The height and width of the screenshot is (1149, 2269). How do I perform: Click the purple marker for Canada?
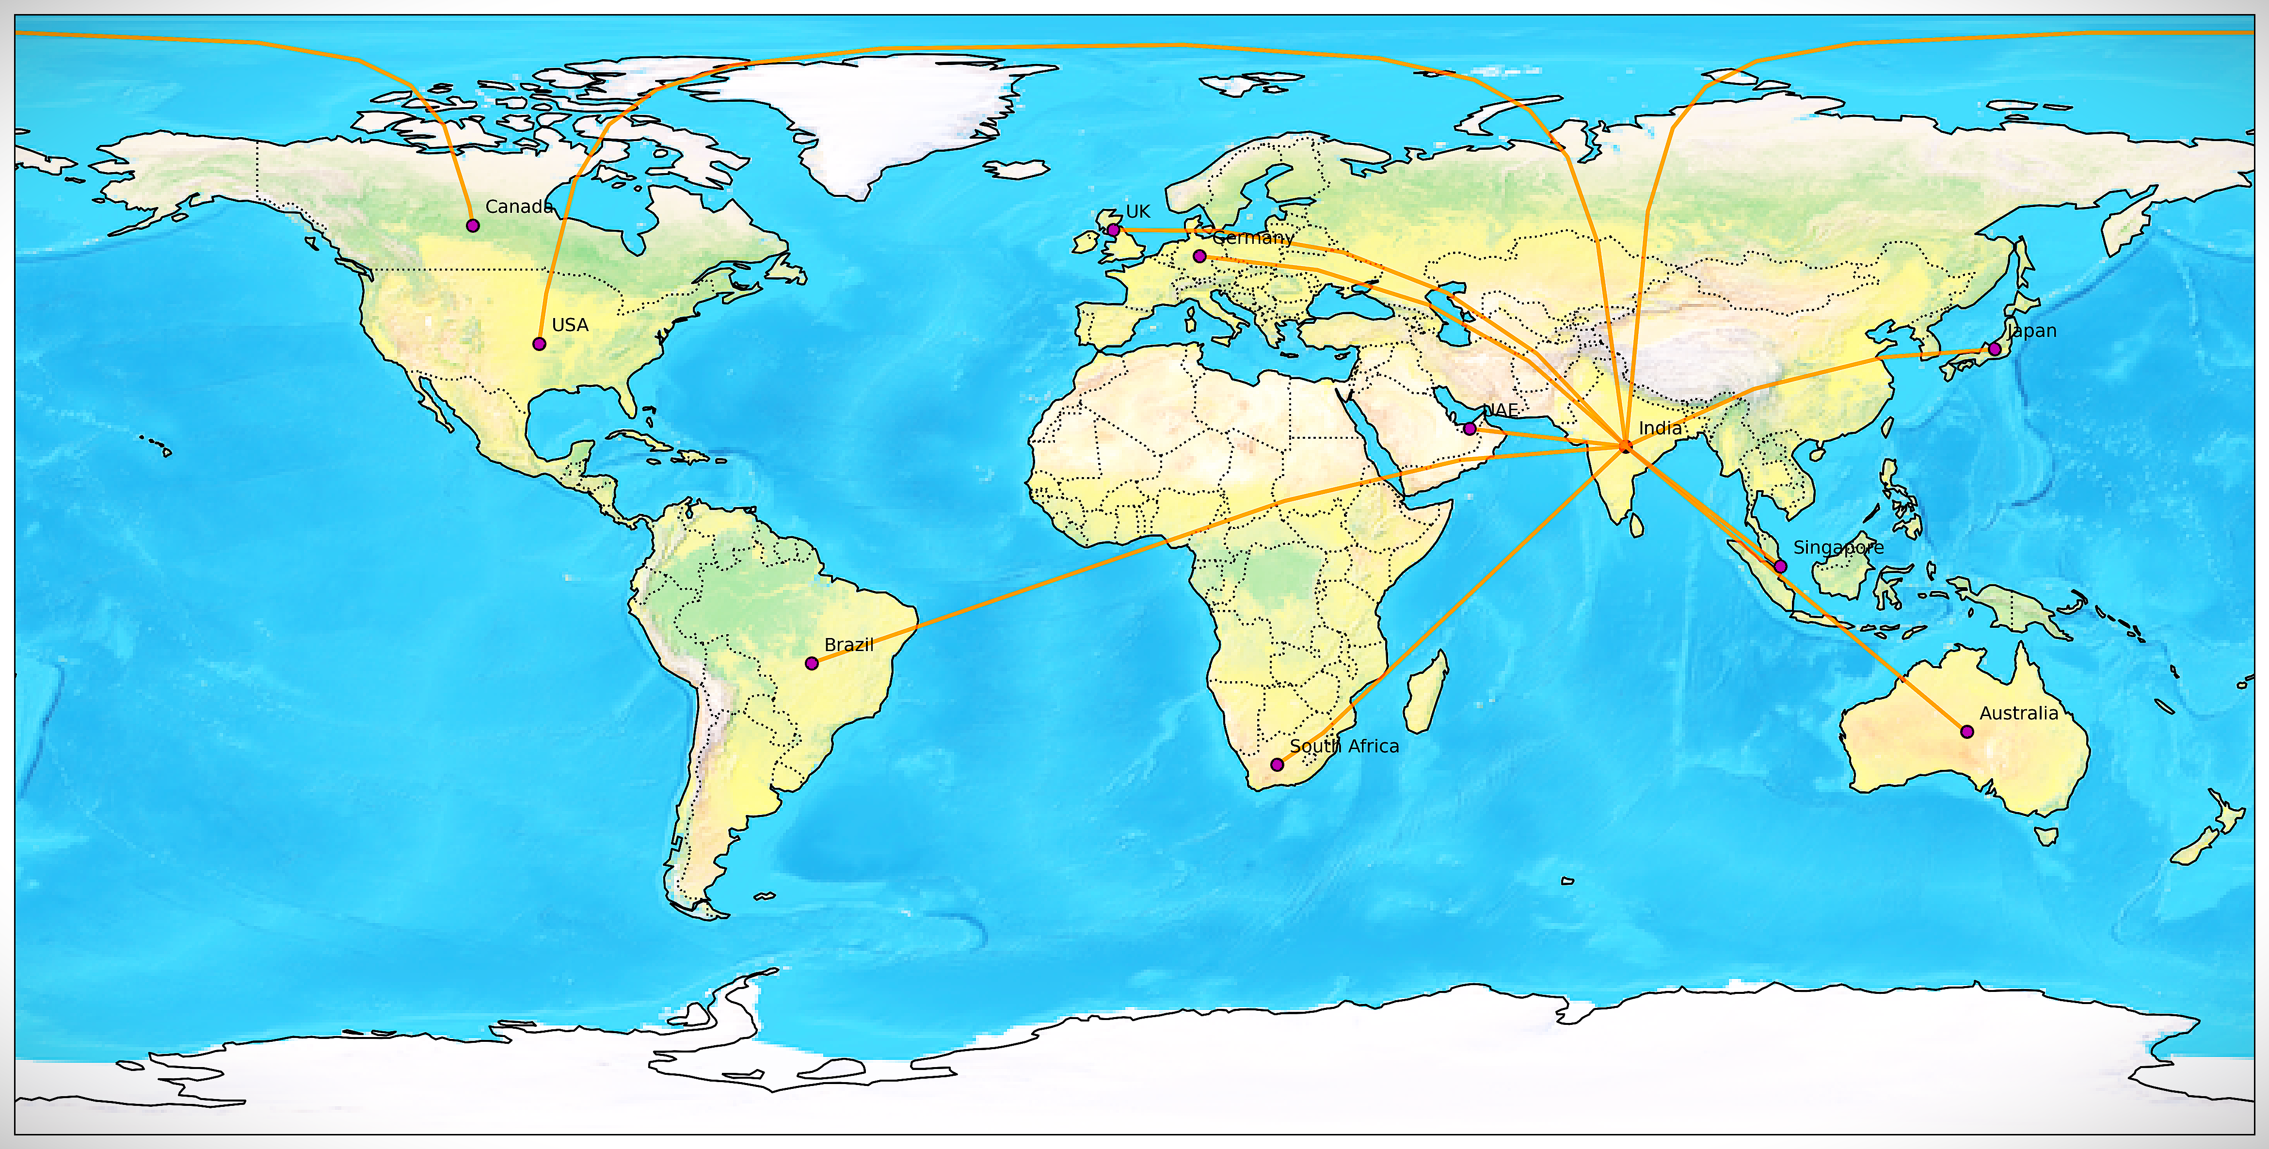[x=473, y=225]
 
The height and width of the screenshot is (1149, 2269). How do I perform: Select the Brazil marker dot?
[x=812, y=663]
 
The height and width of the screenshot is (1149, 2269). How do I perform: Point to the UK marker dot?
[x=1113, y=230]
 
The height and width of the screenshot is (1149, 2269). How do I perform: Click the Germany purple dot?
[x=1199, y=256]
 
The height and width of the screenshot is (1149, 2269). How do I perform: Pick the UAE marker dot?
[x=1469, y=429]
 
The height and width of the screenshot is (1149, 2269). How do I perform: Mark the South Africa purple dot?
[x=1277, y=764]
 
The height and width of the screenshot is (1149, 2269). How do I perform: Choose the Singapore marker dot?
[x=1780, y=566]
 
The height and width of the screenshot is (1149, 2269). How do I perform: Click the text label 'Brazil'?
[x=849, y=644]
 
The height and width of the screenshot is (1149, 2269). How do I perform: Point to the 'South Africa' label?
[x=1344, y=746]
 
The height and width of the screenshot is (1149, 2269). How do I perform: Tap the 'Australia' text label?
[x=2019, y=713]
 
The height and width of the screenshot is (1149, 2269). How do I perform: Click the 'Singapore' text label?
[x=1838, y=548]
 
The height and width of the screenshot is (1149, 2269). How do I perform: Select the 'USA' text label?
[x=570, y=325]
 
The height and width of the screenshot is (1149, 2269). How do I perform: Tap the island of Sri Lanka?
[x=1637, y=526]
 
